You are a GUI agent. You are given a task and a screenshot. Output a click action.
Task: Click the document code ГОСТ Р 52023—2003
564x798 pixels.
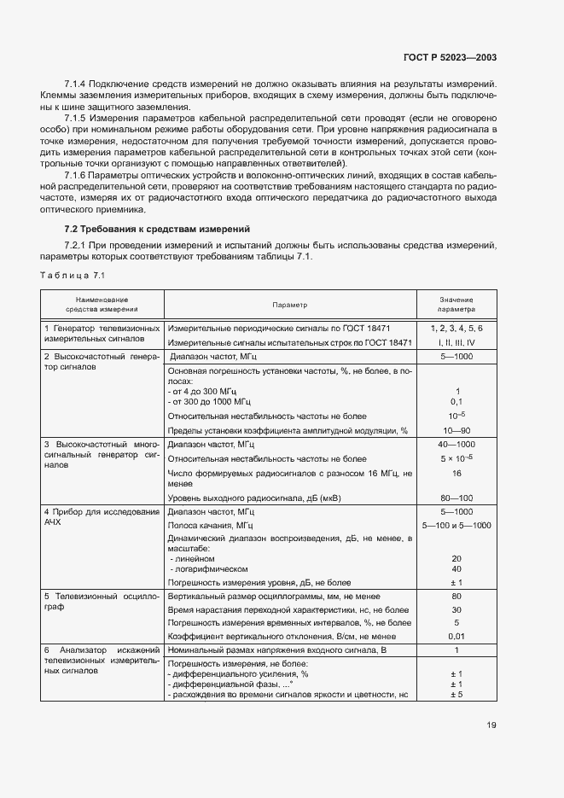[450, 57]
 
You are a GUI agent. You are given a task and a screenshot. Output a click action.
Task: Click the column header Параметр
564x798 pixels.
[289, 305]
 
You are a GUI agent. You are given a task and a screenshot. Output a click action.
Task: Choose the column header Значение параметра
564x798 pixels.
[457, 305]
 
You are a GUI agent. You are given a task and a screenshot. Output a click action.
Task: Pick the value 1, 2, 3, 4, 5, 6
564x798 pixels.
[457, 329]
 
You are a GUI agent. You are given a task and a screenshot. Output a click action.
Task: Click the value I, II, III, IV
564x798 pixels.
[457, 342]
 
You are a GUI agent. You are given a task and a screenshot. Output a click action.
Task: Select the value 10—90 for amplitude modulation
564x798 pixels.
[457, 430]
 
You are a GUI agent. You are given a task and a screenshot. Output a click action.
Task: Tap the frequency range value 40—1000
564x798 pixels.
[457, 445]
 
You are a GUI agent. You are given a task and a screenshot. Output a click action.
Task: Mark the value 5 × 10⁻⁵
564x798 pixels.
[457, 458]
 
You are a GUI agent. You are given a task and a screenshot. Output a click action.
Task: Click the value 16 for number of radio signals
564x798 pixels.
[457, 473]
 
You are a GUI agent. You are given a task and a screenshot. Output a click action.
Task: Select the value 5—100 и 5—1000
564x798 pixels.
[457, 525]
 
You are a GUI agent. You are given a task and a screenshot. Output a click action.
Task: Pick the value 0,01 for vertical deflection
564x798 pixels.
[457, 637]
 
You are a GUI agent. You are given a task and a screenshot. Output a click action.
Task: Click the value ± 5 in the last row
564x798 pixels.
[457, 694]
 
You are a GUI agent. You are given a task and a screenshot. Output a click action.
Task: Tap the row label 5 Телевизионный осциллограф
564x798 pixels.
[101, 601]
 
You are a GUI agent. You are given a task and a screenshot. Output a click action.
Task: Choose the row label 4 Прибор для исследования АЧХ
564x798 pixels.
[101, 516]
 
